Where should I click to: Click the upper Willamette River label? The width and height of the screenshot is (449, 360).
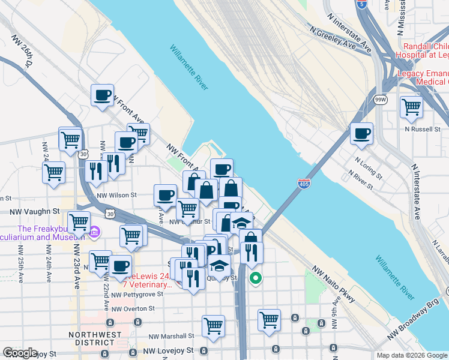[x=188, y=68]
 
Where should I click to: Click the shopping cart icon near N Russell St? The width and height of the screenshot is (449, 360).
[x=411, y=107]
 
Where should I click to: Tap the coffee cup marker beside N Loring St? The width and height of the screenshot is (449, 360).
[x=361, y=134]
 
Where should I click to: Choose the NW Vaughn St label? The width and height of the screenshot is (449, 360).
[x=35, y=211]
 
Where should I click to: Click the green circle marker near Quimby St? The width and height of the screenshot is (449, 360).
[x=256, y=278]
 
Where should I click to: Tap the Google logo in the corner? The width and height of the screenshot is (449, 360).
[x=20, y=353]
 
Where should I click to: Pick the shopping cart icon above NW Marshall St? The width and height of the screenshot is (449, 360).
[x=213, y=326]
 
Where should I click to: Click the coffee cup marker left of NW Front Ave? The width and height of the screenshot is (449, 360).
[x=102, y=95]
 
